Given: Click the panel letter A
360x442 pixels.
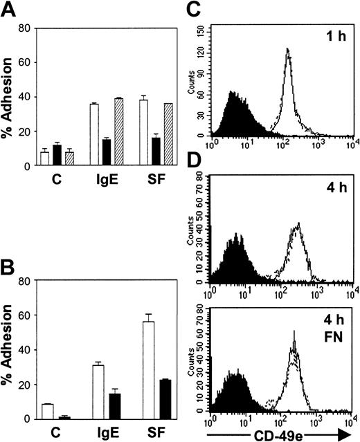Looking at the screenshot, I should (10, 9).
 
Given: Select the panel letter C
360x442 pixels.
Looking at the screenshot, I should (196, 9).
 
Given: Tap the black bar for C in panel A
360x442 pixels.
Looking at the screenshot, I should (57, 156).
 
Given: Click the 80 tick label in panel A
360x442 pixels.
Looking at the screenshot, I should (24, 28).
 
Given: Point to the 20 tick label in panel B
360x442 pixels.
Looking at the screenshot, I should (24, 385).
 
